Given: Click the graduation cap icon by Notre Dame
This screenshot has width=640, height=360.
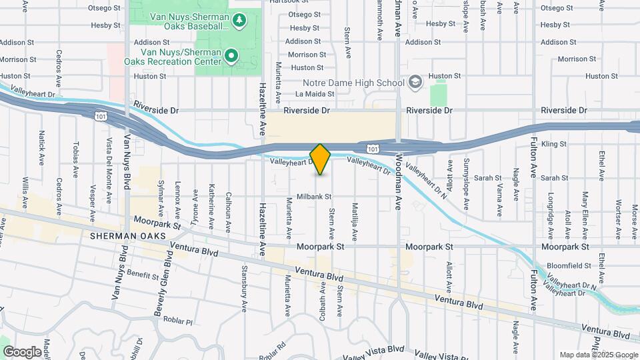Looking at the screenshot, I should click(x=415, y=81).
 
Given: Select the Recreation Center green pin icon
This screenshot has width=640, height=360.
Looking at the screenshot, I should click(x=231, y=55).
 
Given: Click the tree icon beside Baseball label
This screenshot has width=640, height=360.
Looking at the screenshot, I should click(x=241, y=21).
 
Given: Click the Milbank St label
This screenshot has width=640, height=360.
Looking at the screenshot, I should click(x=315, y=197).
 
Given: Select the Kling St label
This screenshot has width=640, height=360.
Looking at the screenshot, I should click(x=553, y=143).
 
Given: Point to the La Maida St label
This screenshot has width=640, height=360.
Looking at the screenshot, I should click(x=317, y=94).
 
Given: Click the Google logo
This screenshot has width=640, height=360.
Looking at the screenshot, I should click(x=22, y=351).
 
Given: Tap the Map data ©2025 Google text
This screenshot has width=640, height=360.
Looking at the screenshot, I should click(x=597, y=355).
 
